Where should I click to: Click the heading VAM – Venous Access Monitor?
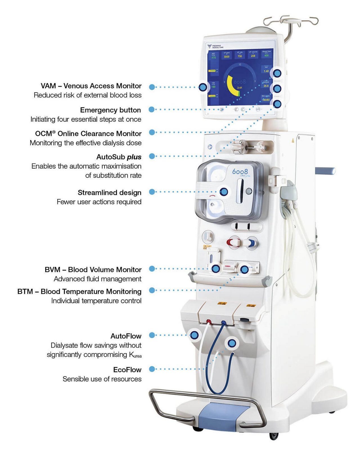tap(91, 86)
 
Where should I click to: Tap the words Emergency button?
tap(110, 110)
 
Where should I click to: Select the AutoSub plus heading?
tap(119, 157)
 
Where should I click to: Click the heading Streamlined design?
tap(109, 192)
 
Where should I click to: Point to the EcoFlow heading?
tap(127, 370)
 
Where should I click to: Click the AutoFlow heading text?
tap(126, 336)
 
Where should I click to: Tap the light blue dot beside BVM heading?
tap(152, 269)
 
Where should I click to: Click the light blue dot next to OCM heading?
tap(152, 132)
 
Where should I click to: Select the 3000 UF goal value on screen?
tap(226, 57)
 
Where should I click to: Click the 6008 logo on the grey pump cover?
tap(240, 171)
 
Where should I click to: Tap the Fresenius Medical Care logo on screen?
tap(214, 46)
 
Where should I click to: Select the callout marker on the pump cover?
tap(224, 192)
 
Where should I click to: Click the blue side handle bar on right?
tap(325, 170)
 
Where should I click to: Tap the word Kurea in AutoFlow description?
tap(135, 355)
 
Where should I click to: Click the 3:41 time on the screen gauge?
tap(240, 88)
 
